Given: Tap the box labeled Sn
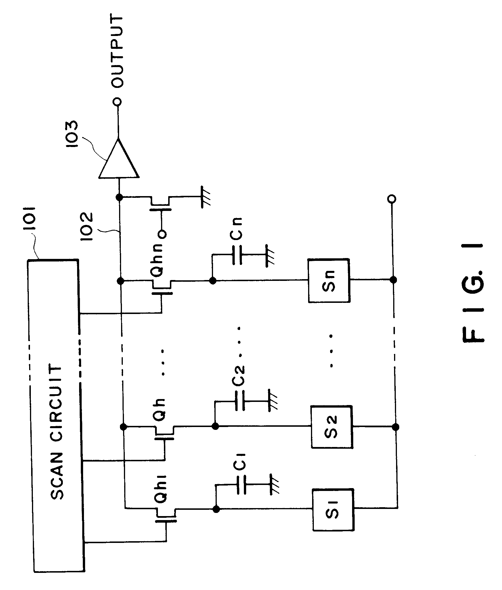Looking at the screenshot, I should click(329, 281).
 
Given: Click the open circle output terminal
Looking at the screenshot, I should click(117, 102).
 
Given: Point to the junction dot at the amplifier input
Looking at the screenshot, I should click(119, 197).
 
